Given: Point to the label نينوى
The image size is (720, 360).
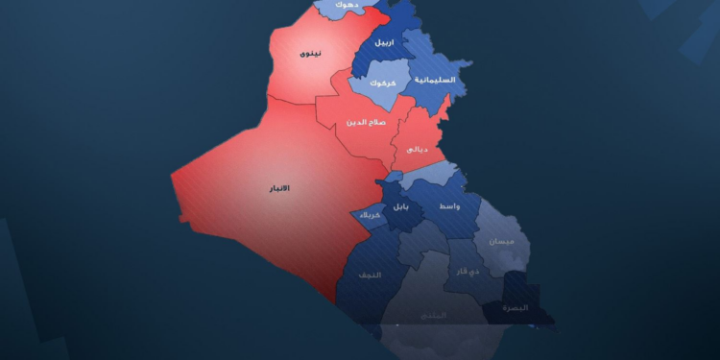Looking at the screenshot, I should click(x=311, y=54).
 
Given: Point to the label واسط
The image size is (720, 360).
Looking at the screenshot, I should click(x=447, y=206).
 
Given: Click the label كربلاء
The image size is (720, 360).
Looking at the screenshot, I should click(x=370, y=216).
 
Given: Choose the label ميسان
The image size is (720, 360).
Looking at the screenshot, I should click(x=501, y=242).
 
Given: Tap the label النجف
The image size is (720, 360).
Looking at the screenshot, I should click(x=370, y=276).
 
